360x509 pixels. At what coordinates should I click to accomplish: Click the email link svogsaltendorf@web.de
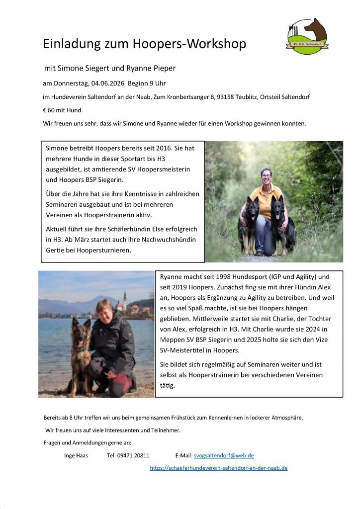point(224,455)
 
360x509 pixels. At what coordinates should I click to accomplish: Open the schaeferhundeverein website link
point(219,468)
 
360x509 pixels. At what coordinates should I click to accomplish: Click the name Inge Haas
point(76,455)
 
